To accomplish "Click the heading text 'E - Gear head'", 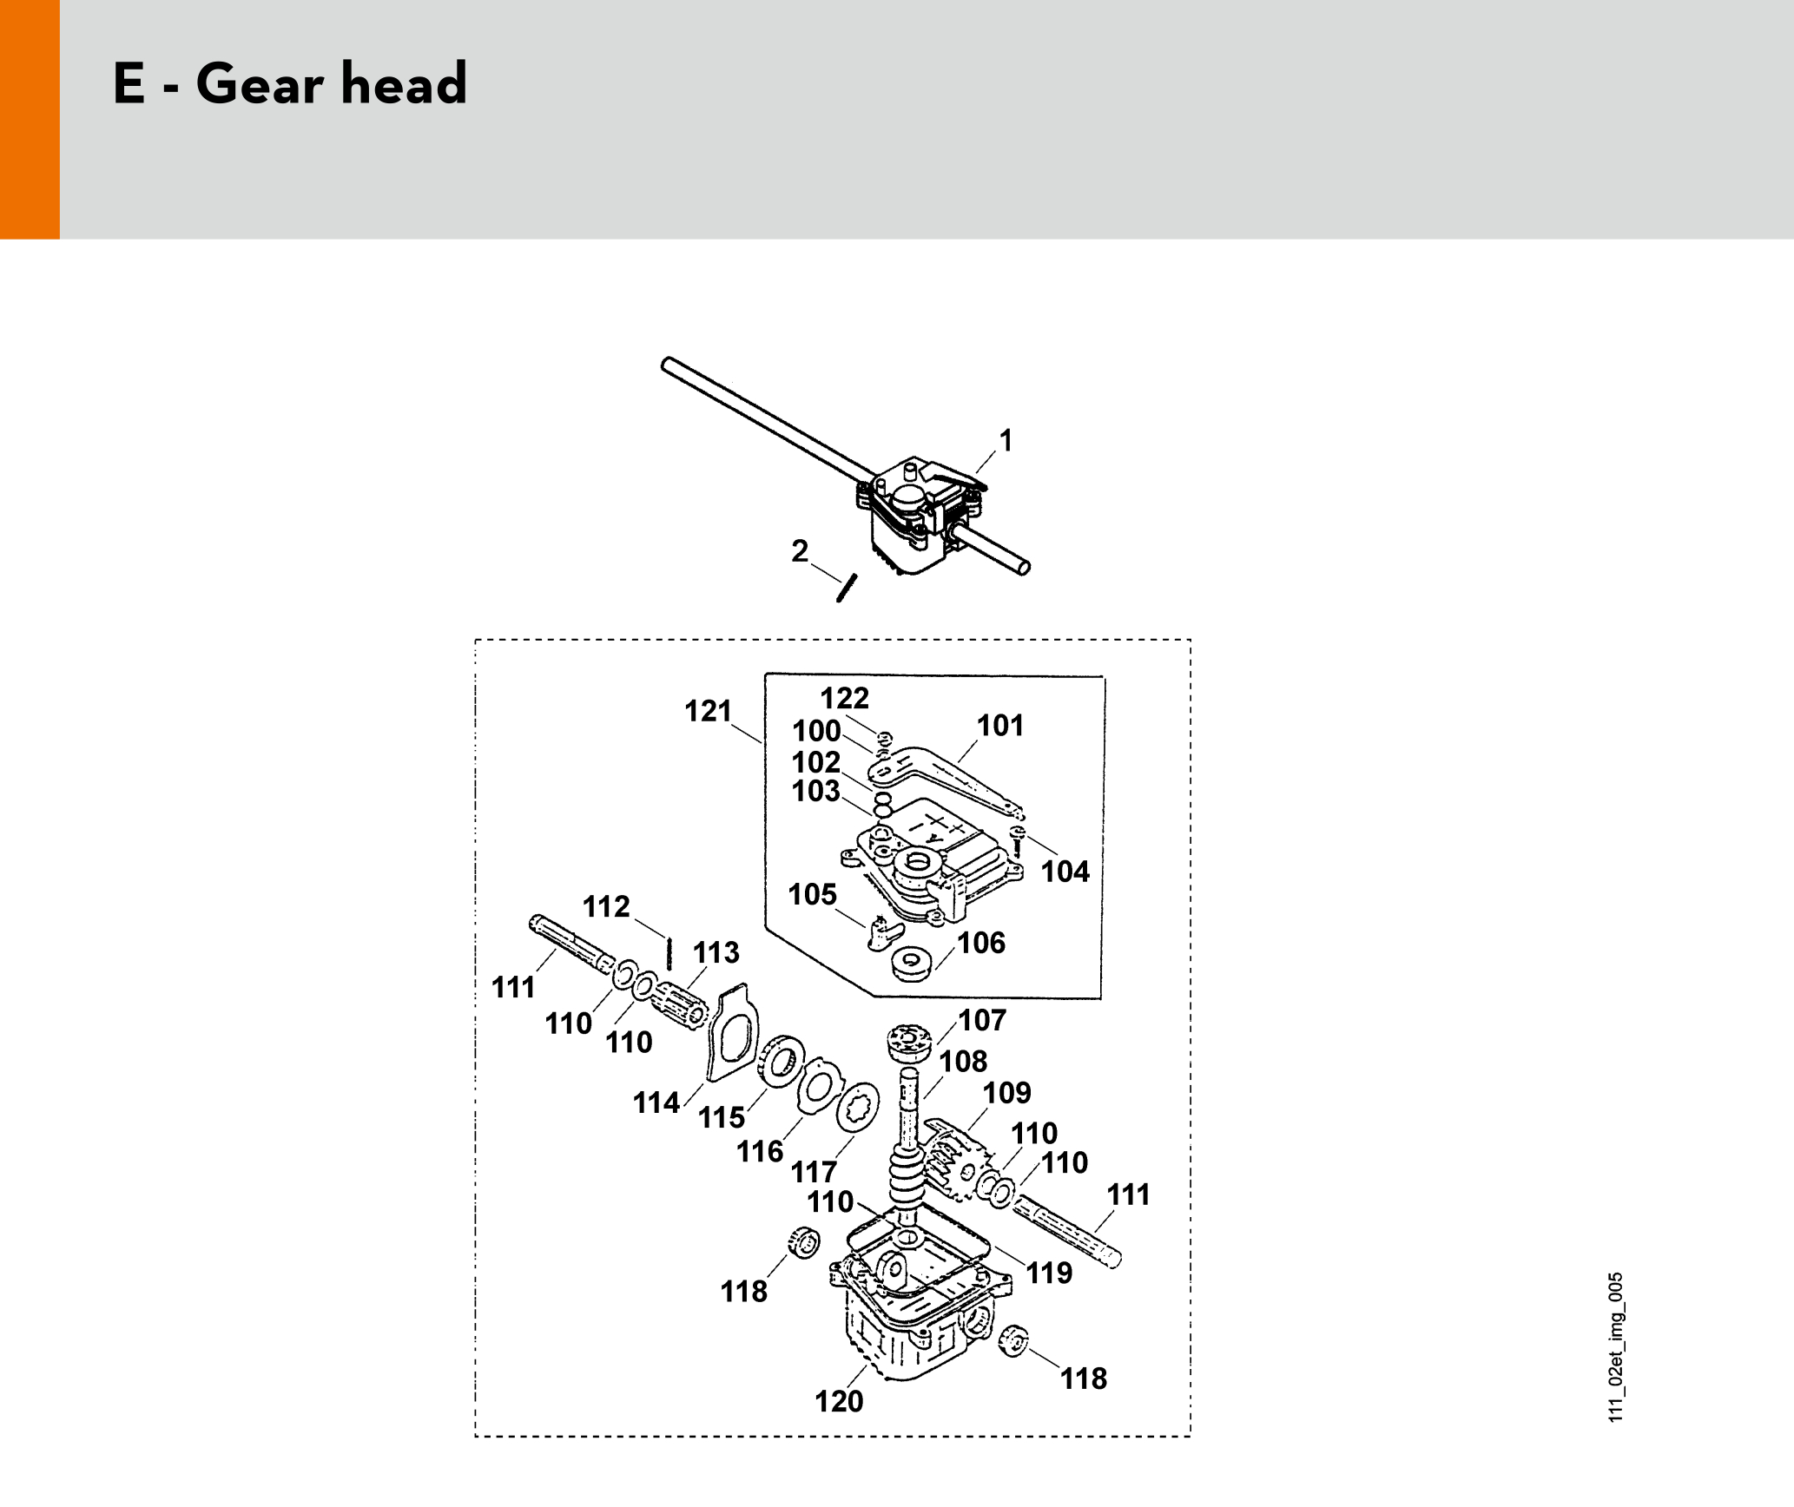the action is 290,83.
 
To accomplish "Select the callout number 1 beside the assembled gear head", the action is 1006,441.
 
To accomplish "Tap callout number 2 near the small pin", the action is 800,551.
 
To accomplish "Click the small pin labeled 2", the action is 847,588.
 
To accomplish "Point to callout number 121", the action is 709,711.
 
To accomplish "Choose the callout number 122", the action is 845,698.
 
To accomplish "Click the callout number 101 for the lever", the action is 1000,726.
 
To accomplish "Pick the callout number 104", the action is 1065,872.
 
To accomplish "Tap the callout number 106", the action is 981,943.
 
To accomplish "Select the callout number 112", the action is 606,906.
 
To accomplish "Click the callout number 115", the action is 722,1117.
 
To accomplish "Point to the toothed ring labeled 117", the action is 857,1107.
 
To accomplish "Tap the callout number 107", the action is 982,1020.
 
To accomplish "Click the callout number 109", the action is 1007,1093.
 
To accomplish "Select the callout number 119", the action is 1050,1273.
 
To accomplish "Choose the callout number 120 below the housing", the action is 839,1401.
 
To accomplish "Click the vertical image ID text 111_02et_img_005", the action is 1615,1347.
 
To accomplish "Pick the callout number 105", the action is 813,894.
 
